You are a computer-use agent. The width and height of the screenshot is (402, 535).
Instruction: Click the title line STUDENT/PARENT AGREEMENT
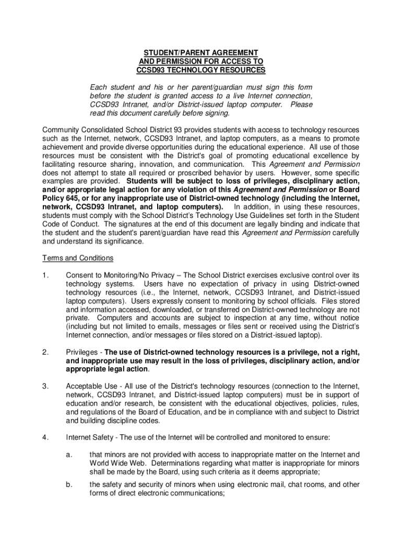tap(201, 53)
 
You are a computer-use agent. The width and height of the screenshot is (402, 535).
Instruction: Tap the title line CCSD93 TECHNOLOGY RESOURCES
tap(201, 70)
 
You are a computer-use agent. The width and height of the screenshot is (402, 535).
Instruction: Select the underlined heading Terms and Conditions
tap(78, 258)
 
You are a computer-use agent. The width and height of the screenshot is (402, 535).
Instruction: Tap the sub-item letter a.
tap(68, 455)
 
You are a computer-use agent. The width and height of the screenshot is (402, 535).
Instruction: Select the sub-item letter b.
tap(68, 484)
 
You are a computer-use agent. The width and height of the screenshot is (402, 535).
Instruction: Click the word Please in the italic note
tap(301, 104)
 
